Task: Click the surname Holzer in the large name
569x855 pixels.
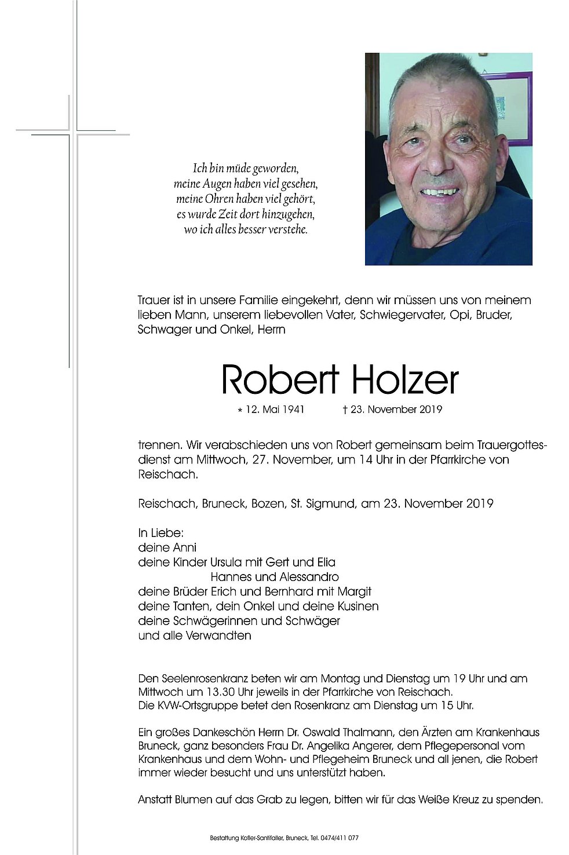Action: coord(404,381)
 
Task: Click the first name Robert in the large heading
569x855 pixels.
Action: coord(280,381)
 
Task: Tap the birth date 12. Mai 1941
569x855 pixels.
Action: coord(275,410)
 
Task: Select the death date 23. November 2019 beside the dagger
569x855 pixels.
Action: coord(396,410)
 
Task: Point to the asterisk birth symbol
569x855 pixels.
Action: coord(240,410)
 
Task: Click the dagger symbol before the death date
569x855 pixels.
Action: coord(345,410)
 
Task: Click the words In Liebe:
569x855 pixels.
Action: coord(161,533)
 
